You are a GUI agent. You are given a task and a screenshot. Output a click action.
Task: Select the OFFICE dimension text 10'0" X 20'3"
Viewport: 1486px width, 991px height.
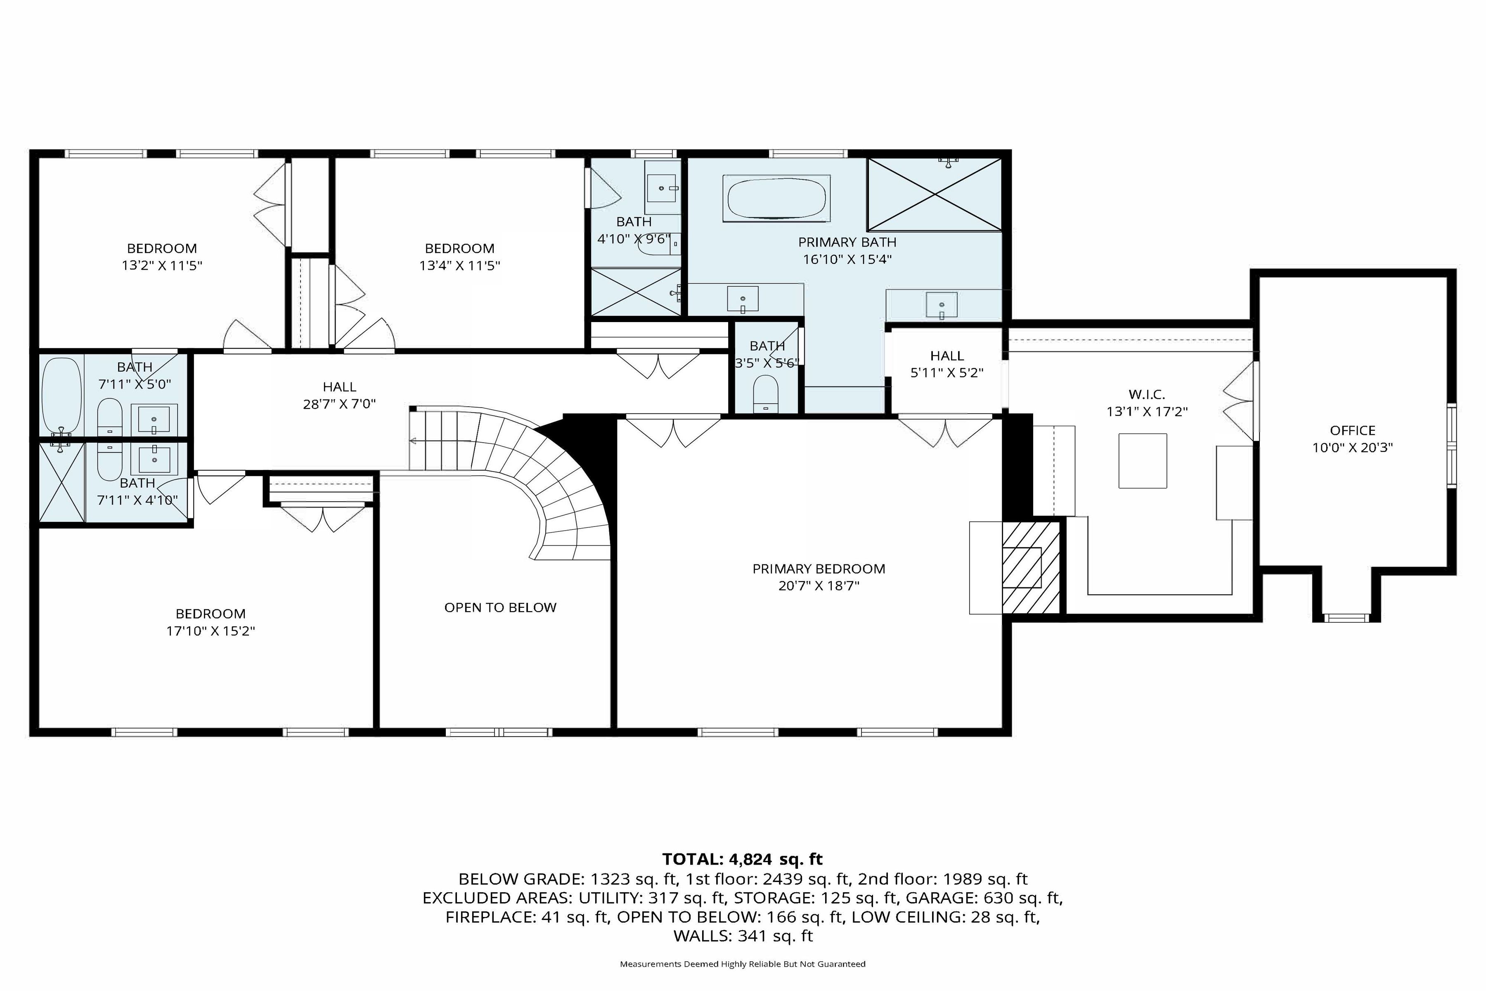1352,448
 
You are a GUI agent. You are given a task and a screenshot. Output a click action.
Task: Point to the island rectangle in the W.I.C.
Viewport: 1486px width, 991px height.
1142,461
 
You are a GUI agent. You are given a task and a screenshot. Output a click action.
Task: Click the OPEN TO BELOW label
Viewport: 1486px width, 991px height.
500,607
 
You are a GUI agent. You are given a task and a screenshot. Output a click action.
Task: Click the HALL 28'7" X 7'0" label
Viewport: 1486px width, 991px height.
339,395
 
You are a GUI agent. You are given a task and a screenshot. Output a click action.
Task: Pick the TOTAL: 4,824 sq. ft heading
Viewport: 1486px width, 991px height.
742,859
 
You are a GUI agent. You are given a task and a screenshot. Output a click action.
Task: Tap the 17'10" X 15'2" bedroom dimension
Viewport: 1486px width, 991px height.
211,631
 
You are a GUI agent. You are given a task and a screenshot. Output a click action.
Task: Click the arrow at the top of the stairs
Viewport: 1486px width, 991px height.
414,441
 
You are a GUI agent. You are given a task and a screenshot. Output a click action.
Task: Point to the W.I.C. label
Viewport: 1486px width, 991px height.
1146,394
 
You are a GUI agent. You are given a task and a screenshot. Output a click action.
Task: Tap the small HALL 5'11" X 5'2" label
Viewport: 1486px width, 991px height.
946,364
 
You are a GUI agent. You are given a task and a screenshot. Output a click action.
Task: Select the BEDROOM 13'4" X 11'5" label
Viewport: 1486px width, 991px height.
459,256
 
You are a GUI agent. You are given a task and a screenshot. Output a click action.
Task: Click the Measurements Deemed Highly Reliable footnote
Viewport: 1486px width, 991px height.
742,964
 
